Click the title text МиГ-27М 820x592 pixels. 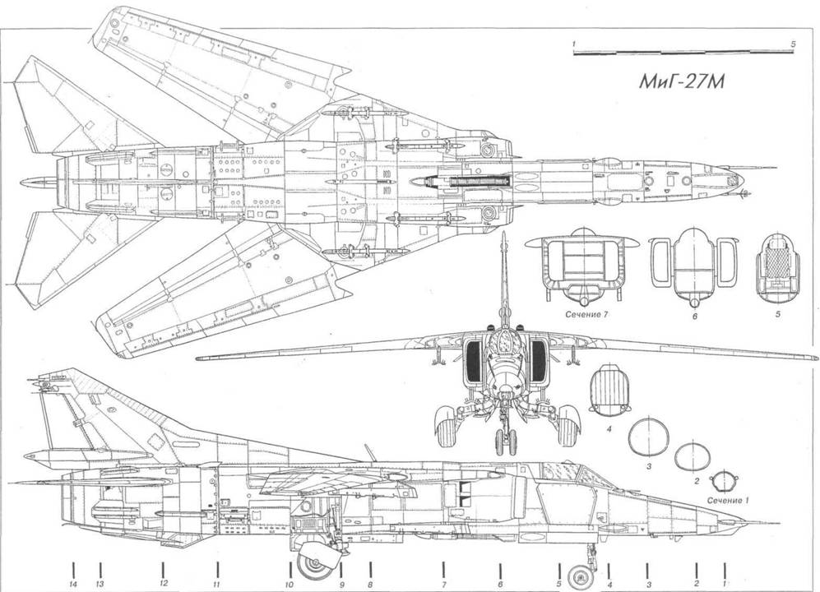[x=682, y=83]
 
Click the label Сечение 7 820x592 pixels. [x=586, y=315]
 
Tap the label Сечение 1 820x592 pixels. [x=727, y=501]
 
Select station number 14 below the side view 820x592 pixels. [x=73, y=584]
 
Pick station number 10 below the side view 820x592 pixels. [x=290, y=584]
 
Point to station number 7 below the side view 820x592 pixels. [x=443, y=584]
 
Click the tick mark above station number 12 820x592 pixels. [x=163, y=569]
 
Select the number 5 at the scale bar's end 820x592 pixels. [x=794, y=44]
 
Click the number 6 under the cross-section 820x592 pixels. [x=695, y=316]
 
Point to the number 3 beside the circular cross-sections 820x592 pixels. [x=648, y=466]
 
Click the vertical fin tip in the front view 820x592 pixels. [x=503, y=234]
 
